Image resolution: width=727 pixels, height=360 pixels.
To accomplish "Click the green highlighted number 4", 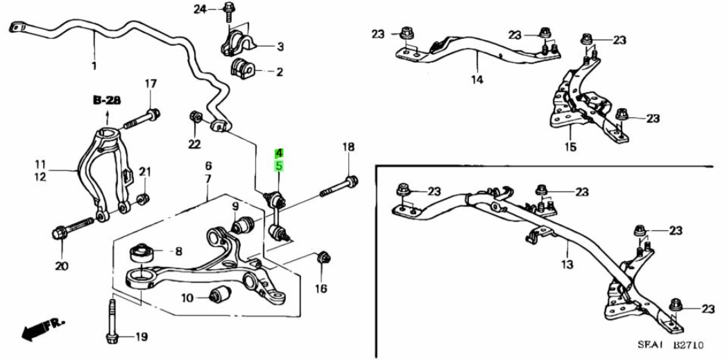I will click(x=279, y=153).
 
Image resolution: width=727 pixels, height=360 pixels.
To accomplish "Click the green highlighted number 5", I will click(x=279, y=166).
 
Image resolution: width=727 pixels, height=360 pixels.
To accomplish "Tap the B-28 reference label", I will click(x=107, y=101).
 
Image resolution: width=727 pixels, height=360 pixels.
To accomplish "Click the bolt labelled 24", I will click(x=230, y=10).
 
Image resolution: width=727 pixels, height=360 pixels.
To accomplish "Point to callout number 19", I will click(x=141, y=338).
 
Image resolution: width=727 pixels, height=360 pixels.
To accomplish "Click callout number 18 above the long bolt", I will click(x=348, y=147).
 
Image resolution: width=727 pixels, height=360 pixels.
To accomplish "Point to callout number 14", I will click(x=477, y=80).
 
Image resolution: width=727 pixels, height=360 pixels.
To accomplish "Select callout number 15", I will click(x=570, y=146).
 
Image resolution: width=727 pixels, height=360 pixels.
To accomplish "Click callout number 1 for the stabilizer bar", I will click(x=94, y=66).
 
